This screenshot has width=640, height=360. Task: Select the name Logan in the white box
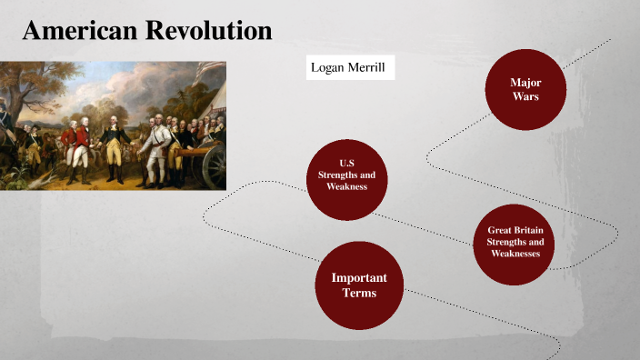coord(329,67)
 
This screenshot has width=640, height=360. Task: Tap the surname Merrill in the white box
coord(369,67)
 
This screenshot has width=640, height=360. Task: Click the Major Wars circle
coord(525,88)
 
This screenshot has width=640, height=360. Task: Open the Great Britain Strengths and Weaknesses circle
coord(515,243)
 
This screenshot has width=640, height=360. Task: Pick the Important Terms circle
coord(359,285)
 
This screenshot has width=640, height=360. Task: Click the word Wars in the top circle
coord(525,95)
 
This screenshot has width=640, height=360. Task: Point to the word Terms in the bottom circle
coord(359,294)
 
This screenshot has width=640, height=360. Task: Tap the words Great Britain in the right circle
coord(515,231)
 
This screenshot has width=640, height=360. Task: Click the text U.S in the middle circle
coord(345,164)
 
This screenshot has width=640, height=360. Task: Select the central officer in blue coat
coord(114,145)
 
